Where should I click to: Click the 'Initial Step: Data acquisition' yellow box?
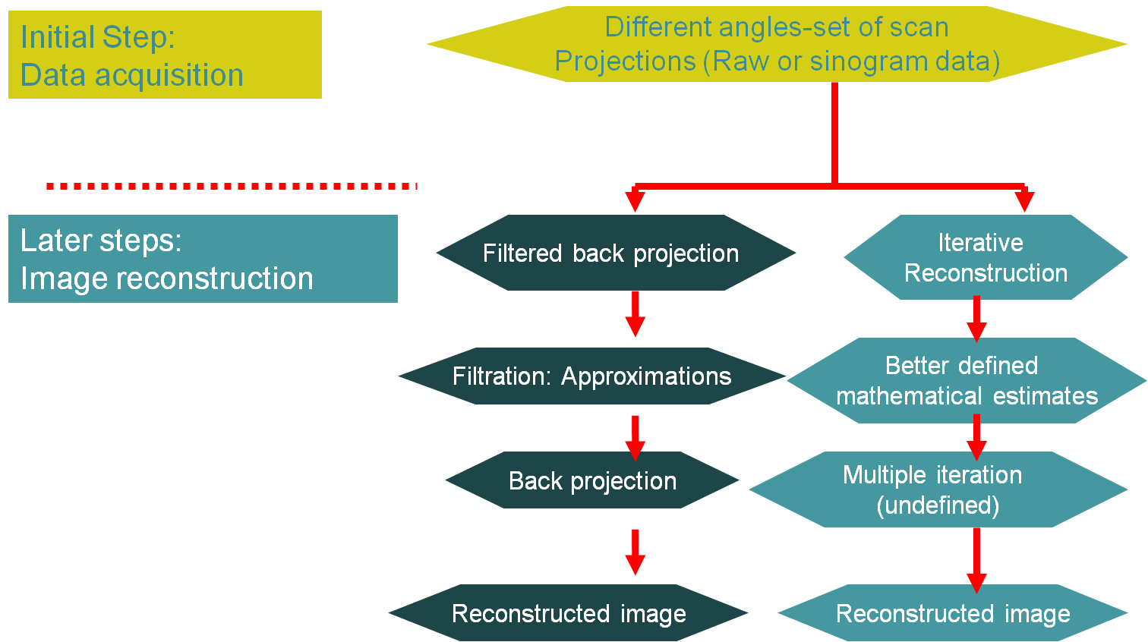(x=165, y=55)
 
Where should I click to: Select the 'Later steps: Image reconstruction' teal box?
(x=203, y=259)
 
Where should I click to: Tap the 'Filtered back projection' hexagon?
(x=615, y=253)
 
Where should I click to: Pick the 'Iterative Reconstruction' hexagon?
(x=986, y=257)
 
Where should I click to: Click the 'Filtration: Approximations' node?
(x=592, y=376)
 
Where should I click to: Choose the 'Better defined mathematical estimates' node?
(x=967, y=380)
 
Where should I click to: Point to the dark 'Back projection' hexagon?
(x=592, y=480)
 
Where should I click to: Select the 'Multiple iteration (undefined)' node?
(x=938, y=489)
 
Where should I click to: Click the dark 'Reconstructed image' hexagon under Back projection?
(x=569, y=613)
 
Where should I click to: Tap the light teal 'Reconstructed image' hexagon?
(x=953, y=613)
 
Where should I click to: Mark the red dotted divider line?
(x=232, y=186)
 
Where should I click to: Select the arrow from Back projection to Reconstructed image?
(x=635, y=552)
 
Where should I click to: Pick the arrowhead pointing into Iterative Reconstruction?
(x=1024, y=202)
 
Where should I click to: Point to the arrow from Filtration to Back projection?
(x=635, y=437)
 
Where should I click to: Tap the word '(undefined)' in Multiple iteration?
(x=938, y=505)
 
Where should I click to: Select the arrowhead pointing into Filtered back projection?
(x=635, y=202)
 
